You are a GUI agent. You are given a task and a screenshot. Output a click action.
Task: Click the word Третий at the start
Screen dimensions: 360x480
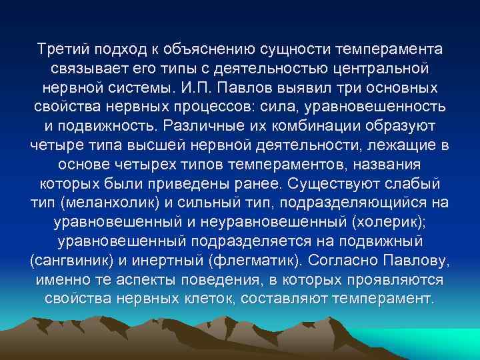coord(65,50)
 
